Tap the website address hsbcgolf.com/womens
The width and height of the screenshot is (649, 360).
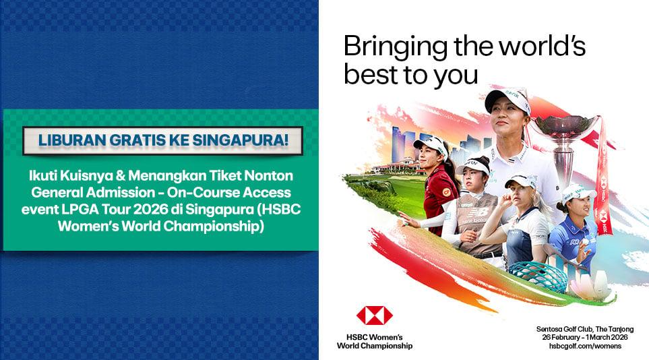(584, 346)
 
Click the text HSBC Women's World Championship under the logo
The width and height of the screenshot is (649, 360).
(375, 341)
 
